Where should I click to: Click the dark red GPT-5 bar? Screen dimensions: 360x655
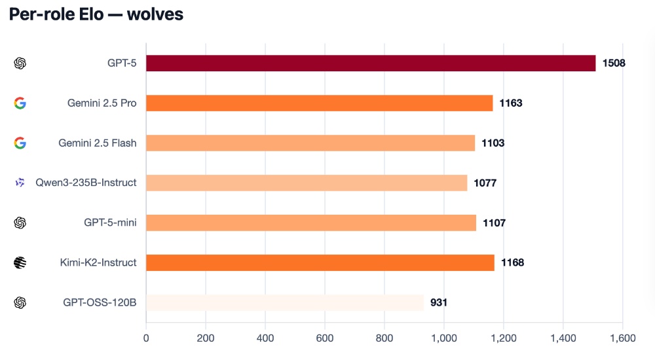pos(370,63)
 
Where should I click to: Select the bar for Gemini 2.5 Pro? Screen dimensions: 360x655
pos(319,103)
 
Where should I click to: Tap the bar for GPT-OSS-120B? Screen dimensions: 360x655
pos(284,302)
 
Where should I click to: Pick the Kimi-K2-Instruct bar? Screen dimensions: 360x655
pos(320,262)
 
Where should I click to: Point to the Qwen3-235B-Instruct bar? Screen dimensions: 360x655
pos(306,183)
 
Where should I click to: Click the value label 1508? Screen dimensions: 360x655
pos(614,63)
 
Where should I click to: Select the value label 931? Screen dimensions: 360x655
pos(439,303)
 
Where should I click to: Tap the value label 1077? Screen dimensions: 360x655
pos(485,183)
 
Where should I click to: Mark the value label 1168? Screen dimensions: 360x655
pos(512,263)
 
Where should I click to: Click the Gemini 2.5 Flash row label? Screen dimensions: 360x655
pos(97,143)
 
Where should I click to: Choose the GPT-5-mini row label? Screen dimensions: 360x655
pos(110,223)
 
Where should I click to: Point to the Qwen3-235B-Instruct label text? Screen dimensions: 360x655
pos(86,183)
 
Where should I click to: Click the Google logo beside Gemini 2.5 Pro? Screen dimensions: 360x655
pos(20,103)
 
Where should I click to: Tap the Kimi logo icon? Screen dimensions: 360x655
pos(20,262)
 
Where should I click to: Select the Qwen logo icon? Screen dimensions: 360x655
pos(20,183)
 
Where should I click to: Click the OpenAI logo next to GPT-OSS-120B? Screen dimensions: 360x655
pos(20,302)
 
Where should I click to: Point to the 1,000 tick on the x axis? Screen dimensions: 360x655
pos(444,338)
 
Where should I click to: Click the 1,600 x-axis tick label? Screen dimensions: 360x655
pos(622,338)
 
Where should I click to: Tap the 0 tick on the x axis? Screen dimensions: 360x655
pos(146,338)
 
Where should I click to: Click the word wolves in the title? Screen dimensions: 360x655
pos(155,15)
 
